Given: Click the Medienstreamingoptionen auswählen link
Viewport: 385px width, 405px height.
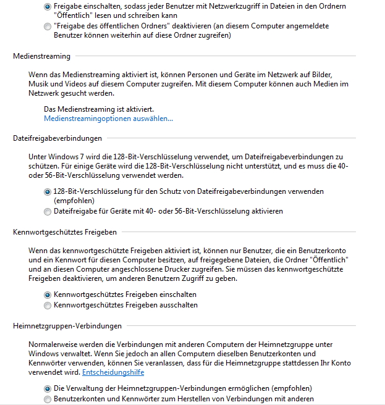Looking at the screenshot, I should [x=109, y=119].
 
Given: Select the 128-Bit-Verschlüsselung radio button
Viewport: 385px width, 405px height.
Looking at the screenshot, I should [x=48, y=192].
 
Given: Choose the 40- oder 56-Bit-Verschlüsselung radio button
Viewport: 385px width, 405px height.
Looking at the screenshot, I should [x=48, y=212].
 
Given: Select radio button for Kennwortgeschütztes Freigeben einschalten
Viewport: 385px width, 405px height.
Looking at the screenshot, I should [x=48, y=295].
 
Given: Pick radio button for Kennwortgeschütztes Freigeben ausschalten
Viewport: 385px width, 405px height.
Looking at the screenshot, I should [x=48, y=306].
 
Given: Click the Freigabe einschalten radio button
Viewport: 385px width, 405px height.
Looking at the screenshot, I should [x=48, y=6].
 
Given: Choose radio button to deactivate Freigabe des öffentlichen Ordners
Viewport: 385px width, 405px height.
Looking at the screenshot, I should [x=48, y=27].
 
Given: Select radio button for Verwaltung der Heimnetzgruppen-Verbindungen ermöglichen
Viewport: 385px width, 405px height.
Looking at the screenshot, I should [x=48, y=389].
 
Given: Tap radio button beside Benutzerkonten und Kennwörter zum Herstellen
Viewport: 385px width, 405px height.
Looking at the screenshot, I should [x=48, y=399].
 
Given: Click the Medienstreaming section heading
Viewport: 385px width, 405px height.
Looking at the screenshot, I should [x=41, y=56].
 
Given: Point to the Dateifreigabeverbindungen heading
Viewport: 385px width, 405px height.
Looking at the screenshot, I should [x=57, y=138].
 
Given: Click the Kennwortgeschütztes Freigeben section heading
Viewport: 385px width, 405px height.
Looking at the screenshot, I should [x=65, y=232].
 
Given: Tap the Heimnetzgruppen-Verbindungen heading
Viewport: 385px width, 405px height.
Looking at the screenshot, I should [x=67, y=325].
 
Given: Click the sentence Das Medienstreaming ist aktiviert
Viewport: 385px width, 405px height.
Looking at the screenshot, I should [x=99, y=109].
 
